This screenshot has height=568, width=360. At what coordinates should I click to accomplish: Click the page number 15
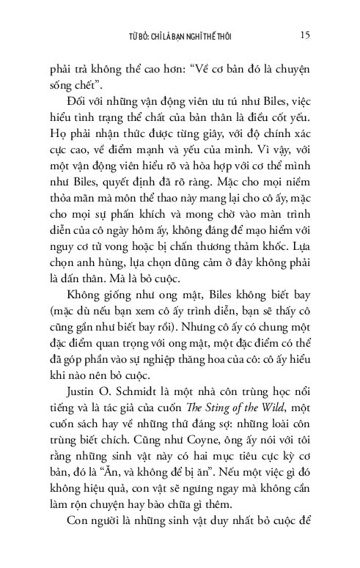[309, 34]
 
